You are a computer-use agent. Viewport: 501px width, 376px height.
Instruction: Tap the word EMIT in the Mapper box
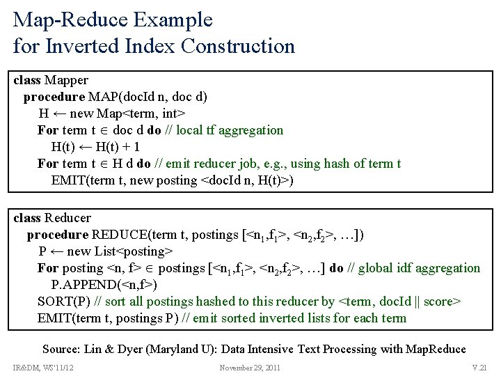click(69, 180)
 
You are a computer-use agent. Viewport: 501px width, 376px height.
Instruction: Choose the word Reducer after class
click(67, 218)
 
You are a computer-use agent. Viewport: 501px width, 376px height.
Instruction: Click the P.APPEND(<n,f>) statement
click(104, 285)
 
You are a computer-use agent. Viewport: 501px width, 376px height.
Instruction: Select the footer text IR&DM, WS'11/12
click(43, 368)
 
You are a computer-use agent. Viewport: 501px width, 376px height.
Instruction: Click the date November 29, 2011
click(250, 368)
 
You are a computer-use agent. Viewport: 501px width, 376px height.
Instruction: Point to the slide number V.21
click(479, 368)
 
